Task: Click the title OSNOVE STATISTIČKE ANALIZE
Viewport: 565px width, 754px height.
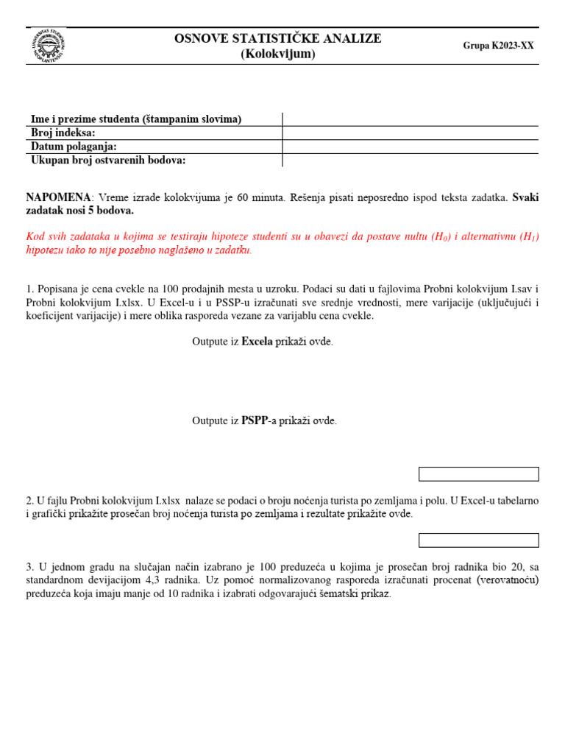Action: click(x=277, y=38)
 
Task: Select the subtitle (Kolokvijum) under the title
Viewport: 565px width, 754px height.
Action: click(x=277, y=54)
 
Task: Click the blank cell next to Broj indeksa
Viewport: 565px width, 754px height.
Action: click(x=410, y=133)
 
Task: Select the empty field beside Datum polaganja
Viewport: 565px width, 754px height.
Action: click(x=410, y=147)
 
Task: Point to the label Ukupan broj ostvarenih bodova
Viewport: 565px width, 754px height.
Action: click(x=107, y=160)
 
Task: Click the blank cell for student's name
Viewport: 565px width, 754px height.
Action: click(x=410, y=119)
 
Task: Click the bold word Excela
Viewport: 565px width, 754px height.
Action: click(x=257, y=342)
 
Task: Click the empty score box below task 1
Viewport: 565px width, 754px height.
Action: click(x=478, y=473)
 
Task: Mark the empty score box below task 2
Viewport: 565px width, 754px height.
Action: click(x=478, y=540)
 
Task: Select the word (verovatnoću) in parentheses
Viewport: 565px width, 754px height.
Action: click(x=507, y=580)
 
